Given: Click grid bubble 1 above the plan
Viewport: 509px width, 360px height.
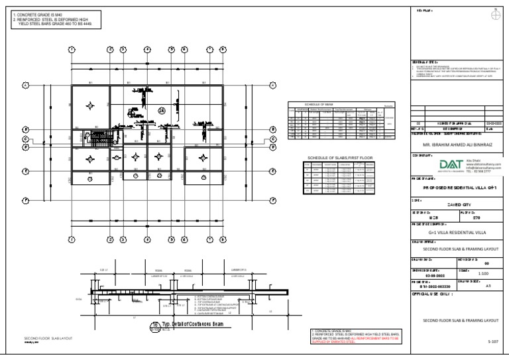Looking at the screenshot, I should tap(72, 50).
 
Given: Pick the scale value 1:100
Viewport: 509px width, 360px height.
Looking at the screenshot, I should tap(485, 272).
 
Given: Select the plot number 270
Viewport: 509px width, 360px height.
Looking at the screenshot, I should tap(485, 218).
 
